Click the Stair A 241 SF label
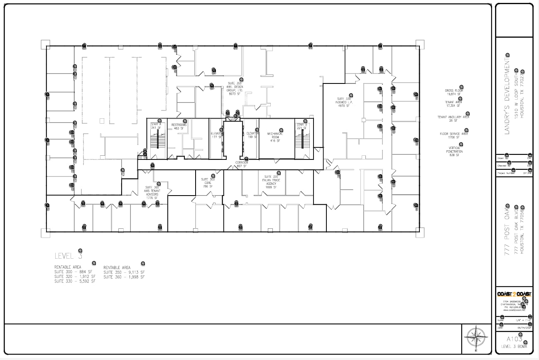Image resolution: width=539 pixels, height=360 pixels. [156, 126]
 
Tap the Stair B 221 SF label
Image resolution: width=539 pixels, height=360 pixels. [301, 126]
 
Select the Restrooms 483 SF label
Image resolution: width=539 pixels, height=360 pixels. [179, 127]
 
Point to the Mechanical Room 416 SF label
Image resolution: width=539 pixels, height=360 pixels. [275, 137]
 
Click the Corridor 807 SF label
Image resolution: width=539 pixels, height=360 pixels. [242, 164]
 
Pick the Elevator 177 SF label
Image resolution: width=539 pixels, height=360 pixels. [217, 135]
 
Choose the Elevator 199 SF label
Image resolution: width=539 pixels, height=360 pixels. [252, 135]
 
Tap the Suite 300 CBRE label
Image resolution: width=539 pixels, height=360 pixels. [208, 183]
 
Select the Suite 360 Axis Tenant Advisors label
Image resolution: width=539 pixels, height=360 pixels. [152, 192]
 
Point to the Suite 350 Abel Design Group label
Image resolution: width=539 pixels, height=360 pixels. [235, 88]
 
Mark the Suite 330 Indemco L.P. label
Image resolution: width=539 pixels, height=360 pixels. [344, 102]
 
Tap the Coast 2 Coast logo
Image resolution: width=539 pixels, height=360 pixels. [514, 294]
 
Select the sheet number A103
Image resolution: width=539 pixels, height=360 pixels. [514, 339]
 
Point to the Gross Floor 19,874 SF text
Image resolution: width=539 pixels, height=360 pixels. [454, 92]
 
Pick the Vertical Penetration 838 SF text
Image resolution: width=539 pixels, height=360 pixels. [455, 152]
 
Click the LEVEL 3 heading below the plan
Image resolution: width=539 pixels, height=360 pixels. [69, 256]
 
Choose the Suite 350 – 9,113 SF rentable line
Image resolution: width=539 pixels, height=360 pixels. [124, 272]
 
